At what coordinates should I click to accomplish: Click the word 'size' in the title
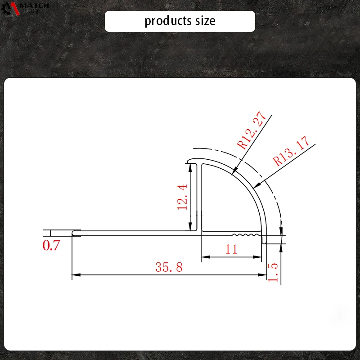pos(205,21)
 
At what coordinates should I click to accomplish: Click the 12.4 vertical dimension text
pos(182,197)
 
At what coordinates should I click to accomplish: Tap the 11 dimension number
pos(231,249)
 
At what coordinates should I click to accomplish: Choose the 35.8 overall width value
pos(169,267)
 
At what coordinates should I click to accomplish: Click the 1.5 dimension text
pos(273,273)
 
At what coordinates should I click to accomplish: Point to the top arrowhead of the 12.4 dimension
pos(192,166)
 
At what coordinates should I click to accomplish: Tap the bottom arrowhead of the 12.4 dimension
pos(192,228)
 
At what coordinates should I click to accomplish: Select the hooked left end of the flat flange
pos(76,233)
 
